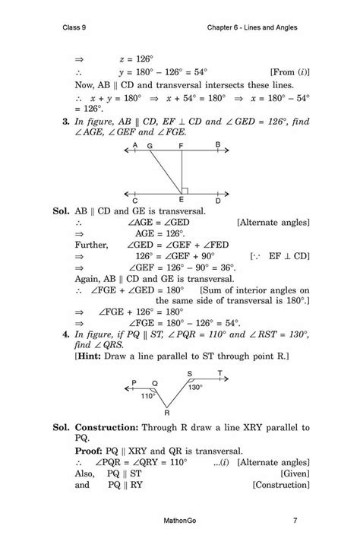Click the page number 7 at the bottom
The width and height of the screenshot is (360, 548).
(294, 521)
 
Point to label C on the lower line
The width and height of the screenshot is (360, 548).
(134, 201)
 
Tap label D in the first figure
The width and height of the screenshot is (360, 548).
(218, 201)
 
